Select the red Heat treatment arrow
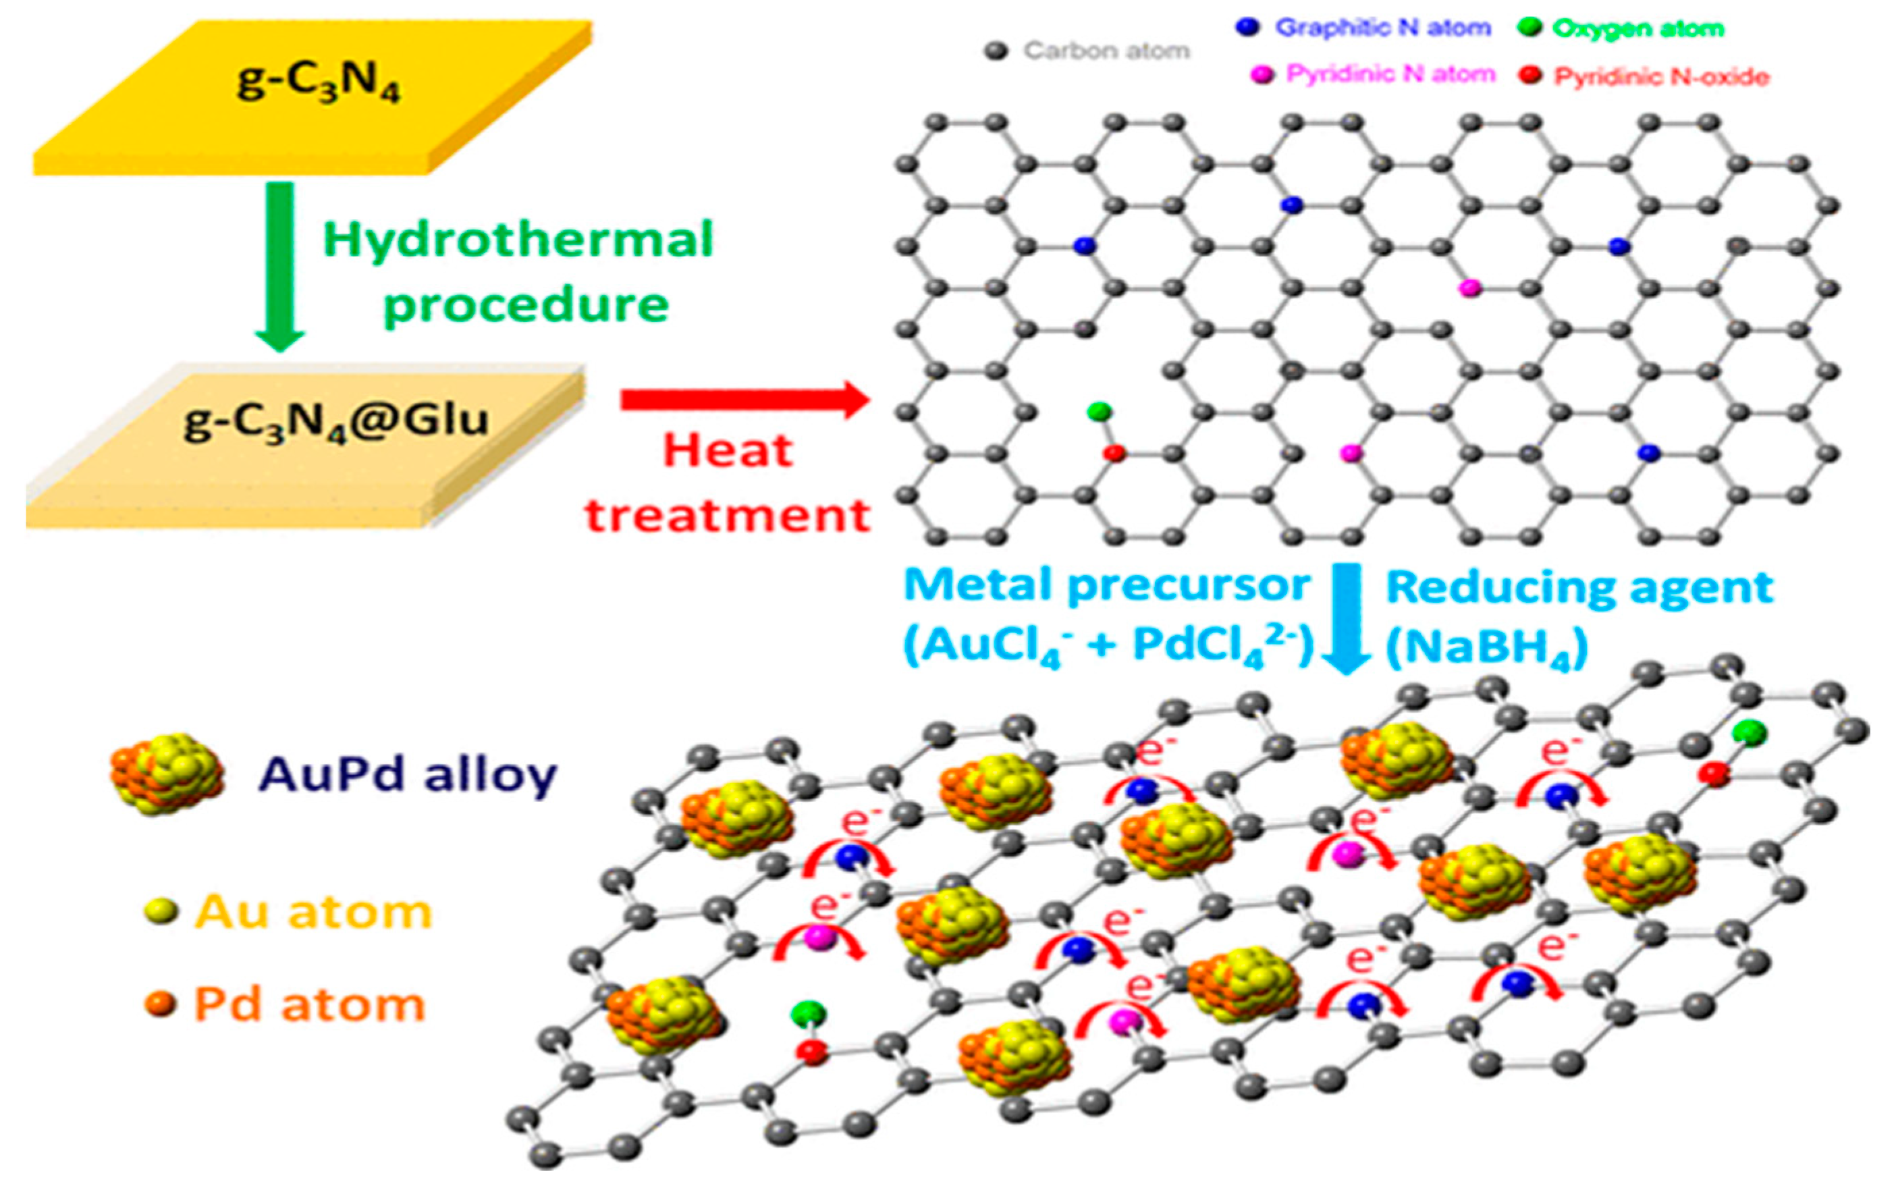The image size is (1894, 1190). [x=743, y=400]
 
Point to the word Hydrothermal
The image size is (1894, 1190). [x=518, y=240]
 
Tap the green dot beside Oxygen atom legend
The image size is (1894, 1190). [x=1529, y=28]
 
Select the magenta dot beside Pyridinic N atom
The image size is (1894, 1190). [x=1262, y=76]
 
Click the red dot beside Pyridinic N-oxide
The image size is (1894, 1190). [x=1530, y=76]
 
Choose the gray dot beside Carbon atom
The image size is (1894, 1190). [x=996, y=52]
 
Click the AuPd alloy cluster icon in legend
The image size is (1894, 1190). [x=167, y=775]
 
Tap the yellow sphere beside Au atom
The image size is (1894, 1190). [x=161, y=913]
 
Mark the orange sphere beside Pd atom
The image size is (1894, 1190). [x=161, y=1004]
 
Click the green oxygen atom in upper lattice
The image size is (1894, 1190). [x=1099, y=410]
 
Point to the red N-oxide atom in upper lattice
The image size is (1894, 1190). [x=1114, y=453]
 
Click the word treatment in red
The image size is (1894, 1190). [x=728, y=516]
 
